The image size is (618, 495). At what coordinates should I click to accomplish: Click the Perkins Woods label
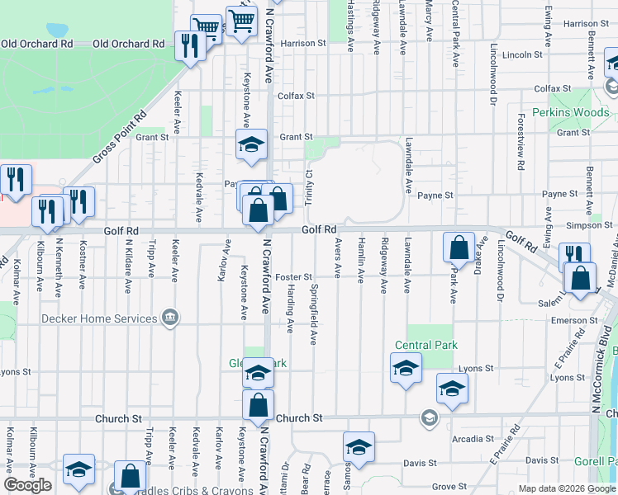pyautogui.click(x=571, y=112)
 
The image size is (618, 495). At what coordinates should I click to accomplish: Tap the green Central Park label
pyautogui.click(x=425, y=345)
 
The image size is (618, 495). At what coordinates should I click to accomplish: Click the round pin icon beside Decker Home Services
pyautogui.click(x=170, y=318)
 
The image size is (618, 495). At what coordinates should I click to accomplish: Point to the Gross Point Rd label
pyautogui.click(x=119, y=135)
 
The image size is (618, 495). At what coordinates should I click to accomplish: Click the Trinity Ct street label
pyautogui.click(x=308, y=188)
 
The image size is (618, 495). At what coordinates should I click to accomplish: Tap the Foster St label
pyautogui.click(x=293, y=277)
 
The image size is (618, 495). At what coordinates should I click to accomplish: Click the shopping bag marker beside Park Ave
pyautogui.click(x=459, y=248)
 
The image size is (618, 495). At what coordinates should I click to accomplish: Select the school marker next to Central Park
pyautogui.click(x=406, y=369)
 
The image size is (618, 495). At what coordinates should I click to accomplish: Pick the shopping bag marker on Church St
pyautogui.click(x=259, y=406)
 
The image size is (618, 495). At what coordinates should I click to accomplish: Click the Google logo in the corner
pyautogui.click(x=27, y=485)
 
